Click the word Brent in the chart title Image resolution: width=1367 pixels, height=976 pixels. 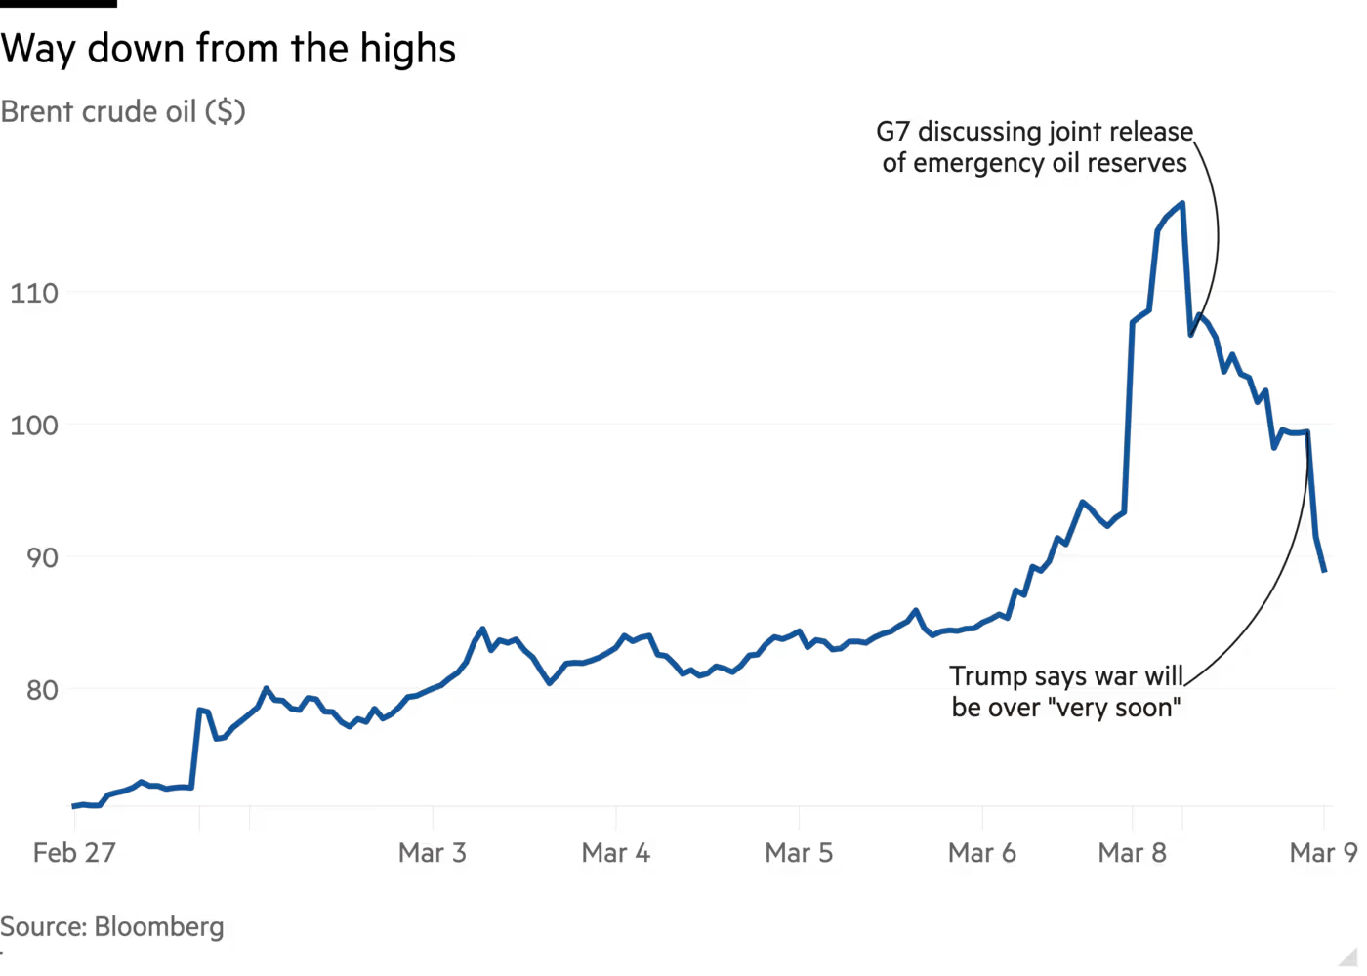[35, 112]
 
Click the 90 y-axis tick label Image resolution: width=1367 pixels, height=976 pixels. [41, 557]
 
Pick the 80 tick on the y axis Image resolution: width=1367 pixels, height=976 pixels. [41, 691]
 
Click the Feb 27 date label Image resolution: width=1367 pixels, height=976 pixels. [73, 853]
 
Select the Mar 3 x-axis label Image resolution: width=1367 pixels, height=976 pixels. [433, 853]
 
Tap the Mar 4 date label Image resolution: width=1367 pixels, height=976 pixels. [616, 853]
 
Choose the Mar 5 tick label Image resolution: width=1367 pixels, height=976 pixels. [800, 853]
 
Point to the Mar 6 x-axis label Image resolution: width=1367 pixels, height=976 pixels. [982, 853]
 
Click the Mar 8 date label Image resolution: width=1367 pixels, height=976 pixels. [1134, 853]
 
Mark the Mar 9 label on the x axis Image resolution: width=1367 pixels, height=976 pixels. [1323, 853]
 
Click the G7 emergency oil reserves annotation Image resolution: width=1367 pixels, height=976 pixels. [1036, 147]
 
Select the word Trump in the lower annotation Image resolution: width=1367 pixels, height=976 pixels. [986, 677]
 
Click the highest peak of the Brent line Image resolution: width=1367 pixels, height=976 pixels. [1182, 203]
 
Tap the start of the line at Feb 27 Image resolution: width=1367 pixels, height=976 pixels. [72, 806]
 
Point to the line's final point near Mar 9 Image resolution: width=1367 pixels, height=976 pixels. [1324, 571]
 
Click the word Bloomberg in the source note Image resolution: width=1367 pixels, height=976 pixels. [159, 926]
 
